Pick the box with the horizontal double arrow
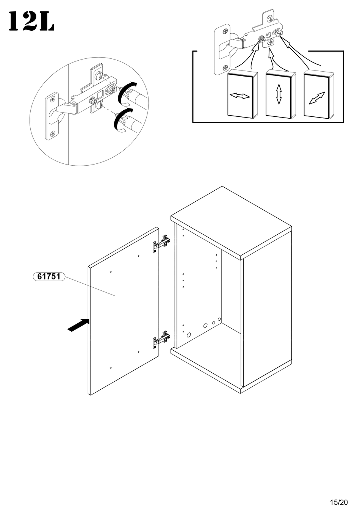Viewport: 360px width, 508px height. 240,94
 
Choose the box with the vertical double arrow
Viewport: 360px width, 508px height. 279,94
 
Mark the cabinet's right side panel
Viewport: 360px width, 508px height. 267,318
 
